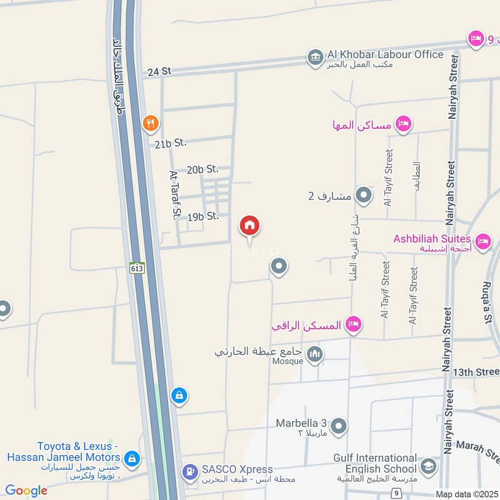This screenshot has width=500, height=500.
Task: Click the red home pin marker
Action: tap(249, 226)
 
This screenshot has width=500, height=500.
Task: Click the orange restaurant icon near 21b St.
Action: tap(150, 123)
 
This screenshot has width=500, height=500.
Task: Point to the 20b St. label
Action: tap(202, 169)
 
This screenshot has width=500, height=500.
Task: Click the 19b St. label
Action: tap(202, 216)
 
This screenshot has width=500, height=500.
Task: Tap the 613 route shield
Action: tap(137, 267)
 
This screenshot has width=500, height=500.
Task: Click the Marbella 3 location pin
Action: tap(339, 427)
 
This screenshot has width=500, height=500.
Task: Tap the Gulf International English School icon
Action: tap(428, 466)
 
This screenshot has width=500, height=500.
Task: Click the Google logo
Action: tap(26, 491)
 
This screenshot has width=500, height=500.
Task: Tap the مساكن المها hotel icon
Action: tap(403, 124)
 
